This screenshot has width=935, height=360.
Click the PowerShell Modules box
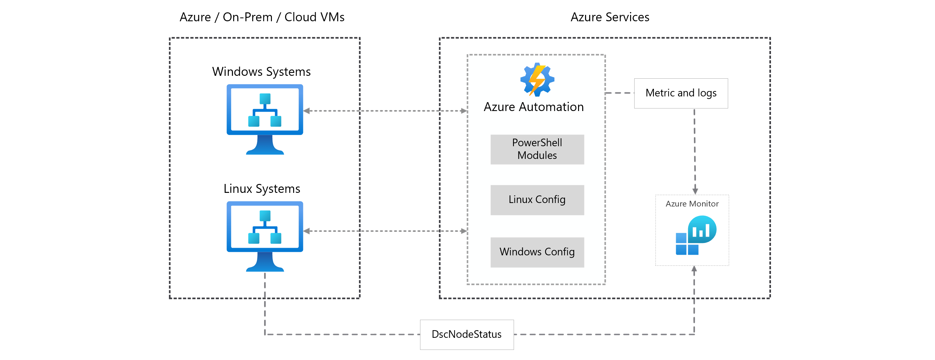point(537,149)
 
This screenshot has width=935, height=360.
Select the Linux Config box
point(537,200)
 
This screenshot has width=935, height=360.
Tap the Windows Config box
point(537,252)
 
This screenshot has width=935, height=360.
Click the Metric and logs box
point(681,93)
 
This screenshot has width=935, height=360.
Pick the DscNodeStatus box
point(466,334)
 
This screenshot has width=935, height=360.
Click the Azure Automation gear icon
point(537,80)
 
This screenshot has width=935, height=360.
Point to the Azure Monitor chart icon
point(696,235)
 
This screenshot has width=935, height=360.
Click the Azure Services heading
point(609,17)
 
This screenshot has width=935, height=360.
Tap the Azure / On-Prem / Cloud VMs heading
point(262,17)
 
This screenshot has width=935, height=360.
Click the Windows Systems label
point(261,71)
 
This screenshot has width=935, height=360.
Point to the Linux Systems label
point(262,189)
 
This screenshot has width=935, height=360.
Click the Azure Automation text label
point(534,107)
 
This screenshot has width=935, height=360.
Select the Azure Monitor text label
point(692,204)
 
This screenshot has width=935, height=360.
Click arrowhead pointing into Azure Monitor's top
point(695,191)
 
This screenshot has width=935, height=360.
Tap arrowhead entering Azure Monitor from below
point(694,269)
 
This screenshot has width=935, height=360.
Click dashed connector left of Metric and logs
point(619,93)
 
